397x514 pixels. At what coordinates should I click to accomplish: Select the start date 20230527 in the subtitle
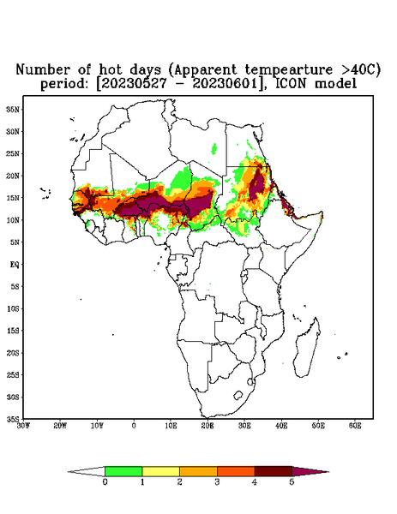tap(134, 84)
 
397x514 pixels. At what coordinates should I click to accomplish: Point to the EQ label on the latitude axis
tap(14, 264)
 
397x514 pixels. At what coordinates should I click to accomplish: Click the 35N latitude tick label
tap(13, 110)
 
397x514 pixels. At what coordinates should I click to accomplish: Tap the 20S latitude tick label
tap(13, 353)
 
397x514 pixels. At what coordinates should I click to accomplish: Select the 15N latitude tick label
tap(13, 198)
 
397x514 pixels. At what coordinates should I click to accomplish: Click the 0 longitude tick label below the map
tap(134, 426)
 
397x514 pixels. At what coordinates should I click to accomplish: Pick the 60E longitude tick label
tap(355, 426)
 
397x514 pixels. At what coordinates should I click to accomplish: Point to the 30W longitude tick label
tap(23, 426)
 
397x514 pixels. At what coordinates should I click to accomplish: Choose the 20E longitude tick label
tap(208, 426)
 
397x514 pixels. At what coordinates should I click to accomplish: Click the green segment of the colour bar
tap(123, 471)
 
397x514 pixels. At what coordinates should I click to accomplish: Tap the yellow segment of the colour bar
tap(160, 471)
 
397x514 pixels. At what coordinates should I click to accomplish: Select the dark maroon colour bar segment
tap(274, 471)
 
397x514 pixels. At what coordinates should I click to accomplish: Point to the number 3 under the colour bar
tap(217, 482)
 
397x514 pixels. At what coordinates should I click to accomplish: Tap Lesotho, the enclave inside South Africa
tap(238, 395)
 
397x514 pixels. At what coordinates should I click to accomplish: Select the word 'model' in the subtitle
tap(335, 84)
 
